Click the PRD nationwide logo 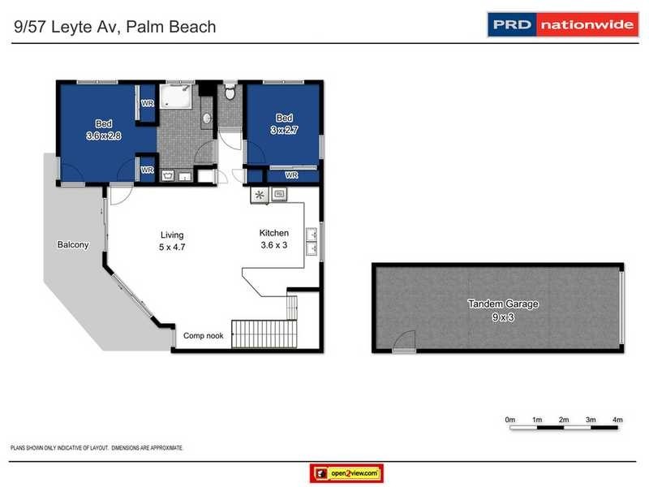click(x=561, y=24)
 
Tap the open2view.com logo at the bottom click(x=346, y=473)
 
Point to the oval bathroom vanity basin click(x=207, y=119)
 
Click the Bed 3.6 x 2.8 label click(x=103, y=130)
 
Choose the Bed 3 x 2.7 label click(x=283, y=123)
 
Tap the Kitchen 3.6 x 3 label click(x=273, y=239)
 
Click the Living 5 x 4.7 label click(x=170, y=240)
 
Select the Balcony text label click(x=72, y=244)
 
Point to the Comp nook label click(x=203, y=335)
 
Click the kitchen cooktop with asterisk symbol click(x=260, y=194)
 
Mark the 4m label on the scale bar click(x=617, y=420)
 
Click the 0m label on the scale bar click(x=510, y=420)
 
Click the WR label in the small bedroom click(x=291, y=175)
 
